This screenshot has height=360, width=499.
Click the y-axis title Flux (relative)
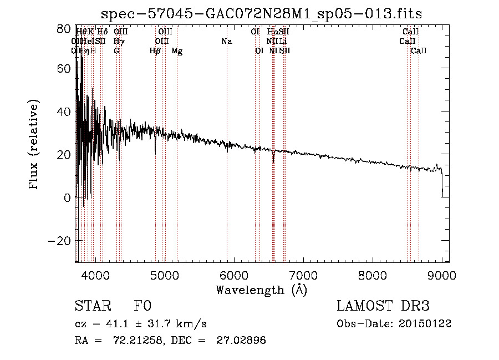[x=34, y=145]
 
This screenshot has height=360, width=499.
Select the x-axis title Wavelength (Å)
[x=261, y=289]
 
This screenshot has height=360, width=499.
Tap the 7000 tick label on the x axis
[x=303, y=275]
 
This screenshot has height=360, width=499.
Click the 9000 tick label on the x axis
[x=441, y=275]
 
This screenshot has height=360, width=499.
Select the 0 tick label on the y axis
[x=67, y=197]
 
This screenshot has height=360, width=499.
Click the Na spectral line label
[x=226, y=41]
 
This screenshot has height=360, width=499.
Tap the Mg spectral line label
[x=177, y=51]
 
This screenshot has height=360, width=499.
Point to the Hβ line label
[x=155, y=51]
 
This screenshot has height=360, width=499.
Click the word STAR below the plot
[x=92, y=306]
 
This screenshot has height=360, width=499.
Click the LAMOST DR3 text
[x=383, y=306]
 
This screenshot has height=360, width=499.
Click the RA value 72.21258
[x=127, y=341]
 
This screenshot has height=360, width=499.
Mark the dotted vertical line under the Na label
[x=227, y=166]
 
